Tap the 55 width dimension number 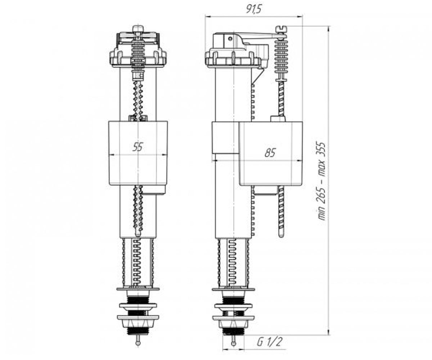coord(138,147)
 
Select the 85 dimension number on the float coord(270,153)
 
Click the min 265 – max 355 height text coord(321,181)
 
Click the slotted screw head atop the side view coord(282,28)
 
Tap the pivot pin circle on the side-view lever coord(230,39)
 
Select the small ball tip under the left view coord(138,343)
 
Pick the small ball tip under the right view coord(234,343)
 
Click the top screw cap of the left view coord(138,28)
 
